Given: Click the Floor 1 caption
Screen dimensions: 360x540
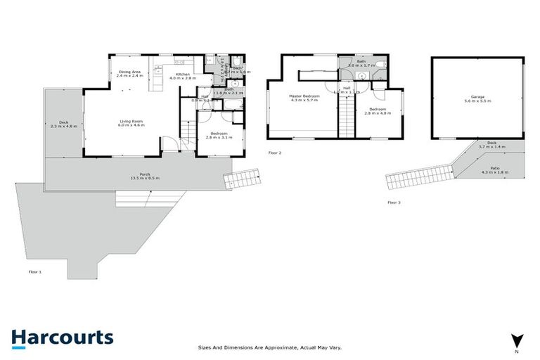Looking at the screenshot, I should (x=35, y=271).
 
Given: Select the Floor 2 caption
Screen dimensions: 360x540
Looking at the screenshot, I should (x=275, y=153).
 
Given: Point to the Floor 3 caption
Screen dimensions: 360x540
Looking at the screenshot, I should (x=394, y=202).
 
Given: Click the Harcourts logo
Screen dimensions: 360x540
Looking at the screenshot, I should (x=62, y=337).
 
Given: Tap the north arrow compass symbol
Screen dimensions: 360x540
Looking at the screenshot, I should (x=517, y=340).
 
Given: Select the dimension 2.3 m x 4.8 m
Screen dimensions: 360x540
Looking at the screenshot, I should (x=64, y=126).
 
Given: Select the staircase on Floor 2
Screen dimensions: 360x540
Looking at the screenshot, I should (x=347, y=117).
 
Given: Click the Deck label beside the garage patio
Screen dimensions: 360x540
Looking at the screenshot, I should (x=492, y=144).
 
